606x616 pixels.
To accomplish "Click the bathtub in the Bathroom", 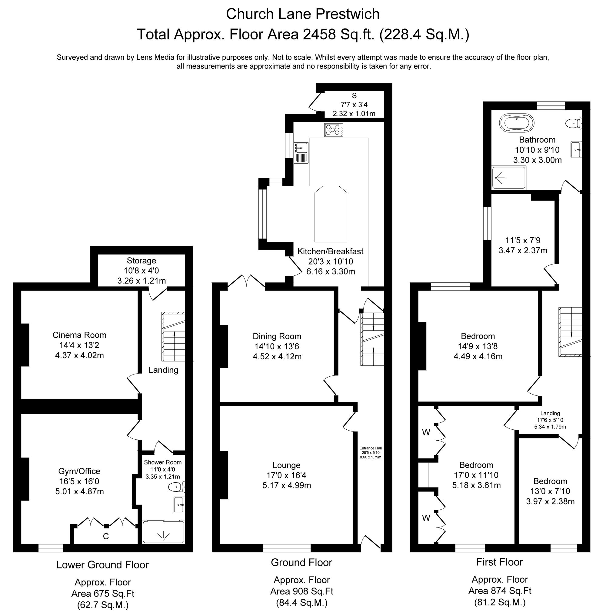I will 516,122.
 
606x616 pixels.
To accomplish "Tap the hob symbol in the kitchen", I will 334,130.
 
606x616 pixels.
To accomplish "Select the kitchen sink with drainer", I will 301,152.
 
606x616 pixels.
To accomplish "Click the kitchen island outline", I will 330,214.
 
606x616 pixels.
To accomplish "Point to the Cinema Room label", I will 80,335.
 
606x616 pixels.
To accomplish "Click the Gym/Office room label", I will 79,471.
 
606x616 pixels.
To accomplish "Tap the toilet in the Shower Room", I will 176,486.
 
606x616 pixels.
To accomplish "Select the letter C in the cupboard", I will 106,536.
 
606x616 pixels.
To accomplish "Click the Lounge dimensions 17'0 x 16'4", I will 286,475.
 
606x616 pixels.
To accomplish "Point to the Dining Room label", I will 277,336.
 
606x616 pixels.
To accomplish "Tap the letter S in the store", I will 354,95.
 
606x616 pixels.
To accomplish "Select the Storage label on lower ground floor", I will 141,260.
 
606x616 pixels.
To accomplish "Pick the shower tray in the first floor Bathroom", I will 508,177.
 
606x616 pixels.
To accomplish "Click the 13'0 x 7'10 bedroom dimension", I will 550,491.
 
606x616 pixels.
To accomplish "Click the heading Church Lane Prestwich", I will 303,14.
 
